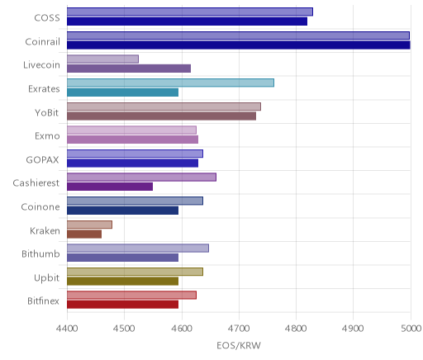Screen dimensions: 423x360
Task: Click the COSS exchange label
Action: (47, 18)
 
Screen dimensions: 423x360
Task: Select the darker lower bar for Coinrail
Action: (239, 45)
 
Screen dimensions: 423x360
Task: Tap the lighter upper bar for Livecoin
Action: (102, 59)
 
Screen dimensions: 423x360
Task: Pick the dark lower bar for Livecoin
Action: (129, 69)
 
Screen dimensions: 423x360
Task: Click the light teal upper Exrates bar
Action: (170, 83)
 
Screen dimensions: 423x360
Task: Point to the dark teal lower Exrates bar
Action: (122, 92)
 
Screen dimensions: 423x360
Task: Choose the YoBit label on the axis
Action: (47, 112)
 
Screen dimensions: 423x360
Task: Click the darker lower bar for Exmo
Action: (132, 140)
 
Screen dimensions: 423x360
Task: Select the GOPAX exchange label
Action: (43, 159)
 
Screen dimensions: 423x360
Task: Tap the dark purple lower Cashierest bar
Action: (110, 187)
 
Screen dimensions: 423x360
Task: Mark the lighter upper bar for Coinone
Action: (135, 201)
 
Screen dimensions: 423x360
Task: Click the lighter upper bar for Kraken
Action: (89, 225)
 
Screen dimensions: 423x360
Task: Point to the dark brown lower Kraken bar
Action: (84, 234)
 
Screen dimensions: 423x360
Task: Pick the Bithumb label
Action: (40, 253)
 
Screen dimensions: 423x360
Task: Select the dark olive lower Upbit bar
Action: (122, 281)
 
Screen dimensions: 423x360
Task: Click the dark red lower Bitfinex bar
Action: (122, 305)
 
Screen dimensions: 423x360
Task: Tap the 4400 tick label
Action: (67, 329)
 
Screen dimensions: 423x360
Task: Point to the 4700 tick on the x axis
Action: (239, 329)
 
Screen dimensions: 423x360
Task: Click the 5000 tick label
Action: (411, 329)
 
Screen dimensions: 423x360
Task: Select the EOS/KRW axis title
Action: (239, 345)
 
